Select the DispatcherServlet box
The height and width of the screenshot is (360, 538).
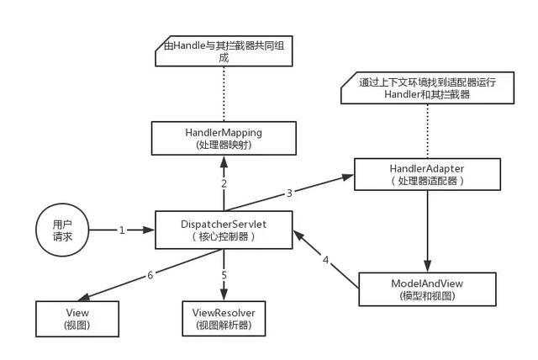pos(224,229)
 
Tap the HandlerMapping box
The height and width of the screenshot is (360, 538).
pos(224,139)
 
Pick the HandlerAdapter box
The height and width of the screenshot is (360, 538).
pos(427,175)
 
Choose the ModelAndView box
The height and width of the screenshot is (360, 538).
pos(427,289)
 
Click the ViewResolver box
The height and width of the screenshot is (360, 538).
pos(224,318)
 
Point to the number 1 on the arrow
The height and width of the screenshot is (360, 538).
pos(121,229)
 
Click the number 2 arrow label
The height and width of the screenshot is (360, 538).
pos(224,183)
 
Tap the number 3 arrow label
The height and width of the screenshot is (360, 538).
pos(289,193)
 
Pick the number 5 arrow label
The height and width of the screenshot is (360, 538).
pos(224,275)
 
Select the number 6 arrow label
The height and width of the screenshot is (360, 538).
pos(151,275)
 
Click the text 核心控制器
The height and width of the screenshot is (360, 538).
pos(224,236)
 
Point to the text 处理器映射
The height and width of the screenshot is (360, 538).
pos(224,145)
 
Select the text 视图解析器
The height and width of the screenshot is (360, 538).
pos(224,325)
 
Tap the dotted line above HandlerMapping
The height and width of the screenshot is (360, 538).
pos(224,94)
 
